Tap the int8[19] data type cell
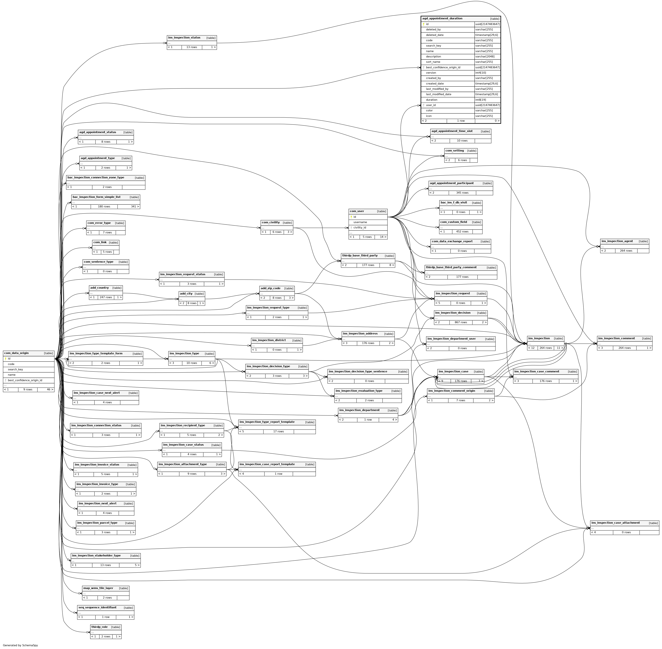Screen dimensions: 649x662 (481, 100)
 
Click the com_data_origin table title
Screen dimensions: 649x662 (16, 353)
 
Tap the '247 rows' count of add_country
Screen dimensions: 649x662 (106, 297)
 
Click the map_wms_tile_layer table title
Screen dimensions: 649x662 (98, 588)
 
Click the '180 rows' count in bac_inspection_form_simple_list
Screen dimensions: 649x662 (104, 207)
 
